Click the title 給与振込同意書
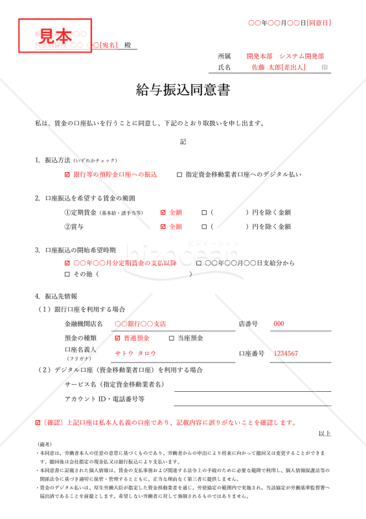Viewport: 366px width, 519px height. click(x=183, y=90)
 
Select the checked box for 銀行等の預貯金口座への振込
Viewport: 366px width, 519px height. click(x=67, y=175)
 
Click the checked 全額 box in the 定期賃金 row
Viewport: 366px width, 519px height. click(x=163, y=212)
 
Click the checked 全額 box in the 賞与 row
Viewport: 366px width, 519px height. click(x=163, y=227)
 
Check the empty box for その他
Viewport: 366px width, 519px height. click(x=67, y=274)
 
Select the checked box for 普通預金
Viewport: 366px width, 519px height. click(x=117, y=338)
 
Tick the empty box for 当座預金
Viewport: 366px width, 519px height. click(x=172, y=338)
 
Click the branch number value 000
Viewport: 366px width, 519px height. click(x=279, y=324)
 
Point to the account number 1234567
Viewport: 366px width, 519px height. click(x=286, y=354)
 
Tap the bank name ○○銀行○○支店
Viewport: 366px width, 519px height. click(x=140, y=324)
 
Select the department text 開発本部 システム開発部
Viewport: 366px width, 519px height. click(x=285, y=56)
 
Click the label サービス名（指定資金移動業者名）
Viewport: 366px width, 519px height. click(x=113, y=385)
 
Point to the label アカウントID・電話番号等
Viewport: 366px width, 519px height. click(x=104, y=399)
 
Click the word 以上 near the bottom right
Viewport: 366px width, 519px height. click(x=325, y=434)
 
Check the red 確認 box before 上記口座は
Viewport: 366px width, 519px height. click(x=38, y=422)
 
